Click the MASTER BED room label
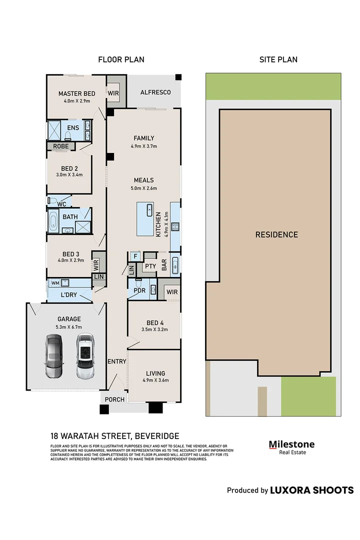pyautogui.click(x=76, y=93)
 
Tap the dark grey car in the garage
pyautogui.click(x=53, y=355)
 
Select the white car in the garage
pyautogui.click(x=85, y=355)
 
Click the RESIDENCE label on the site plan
pyautogui.click(x=276, y=234)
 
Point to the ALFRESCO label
pyautogui.click(x=155, y=92)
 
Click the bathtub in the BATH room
pyautogui.click(x=53, y=220)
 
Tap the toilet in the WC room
pyautogui.click(x=52, y=200)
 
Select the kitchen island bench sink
pyautogui.click(x=149, y=210)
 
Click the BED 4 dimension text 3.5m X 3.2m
pyautogui.click(x=154, y=329)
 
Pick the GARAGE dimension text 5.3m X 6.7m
pyautogui.click(x=68, y=327)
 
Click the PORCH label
pyautogui.click(x=114, y=399)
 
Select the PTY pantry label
pyautogui.click(x=150, y=266)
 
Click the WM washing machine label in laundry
pyautogui.click(x=55, y=283)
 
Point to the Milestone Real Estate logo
pyautogui.click(x=291, y=447)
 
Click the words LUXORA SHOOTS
pyautogui.click(x=311, y=490)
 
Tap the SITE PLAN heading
pyautogui.click(x=278, y=59)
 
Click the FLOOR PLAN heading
pyautogui.click(x=121, y=59)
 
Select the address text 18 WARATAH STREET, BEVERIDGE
pyautogui.click(x=114, y=436)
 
